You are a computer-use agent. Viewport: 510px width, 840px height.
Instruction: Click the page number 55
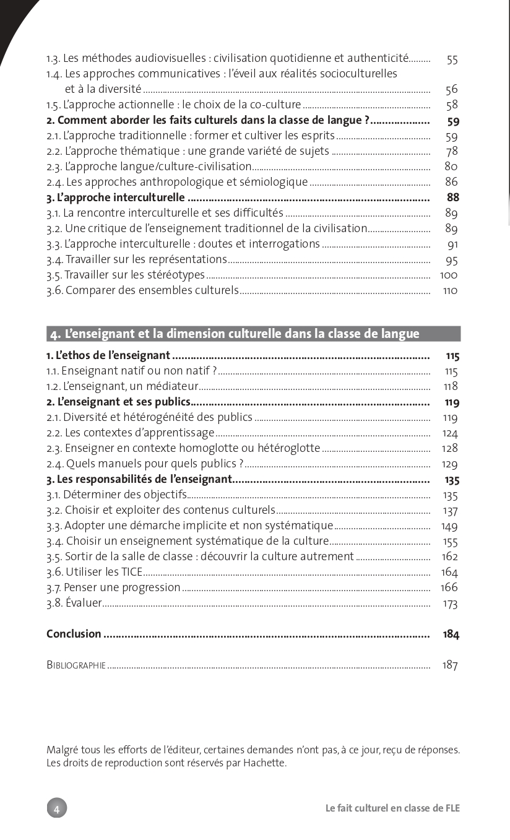click(x=452, y=59)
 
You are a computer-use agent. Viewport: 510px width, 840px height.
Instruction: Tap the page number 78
click(x=452, y=152)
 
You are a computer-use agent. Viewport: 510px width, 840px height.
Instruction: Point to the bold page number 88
click(x=453, y=198)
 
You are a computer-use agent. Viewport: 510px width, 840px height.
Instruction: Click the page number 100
click(x=449, y=275)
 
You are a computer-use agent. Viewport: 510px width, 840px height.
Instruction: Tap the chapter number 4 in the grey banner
click(x=54, y=334)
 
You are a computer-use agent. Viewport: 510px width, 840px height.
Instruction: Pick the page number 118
click(x=451, y=387)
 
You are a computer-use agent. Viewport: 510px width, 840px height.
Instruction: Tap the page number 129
click(x=450, y=464)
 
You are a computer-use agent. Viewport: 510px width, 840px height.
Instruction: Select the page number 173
click(x=450, y=604)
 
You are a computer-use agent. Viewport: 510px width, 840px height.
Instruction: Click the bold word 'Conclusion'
click(x=74, y=634)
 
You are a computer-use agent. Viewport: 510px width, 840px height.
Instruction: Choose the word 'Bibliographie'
click(x=76, y=665)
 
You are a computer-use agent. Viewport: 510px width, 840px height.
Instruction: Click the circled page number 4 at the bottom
click(x=56, y=808)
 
